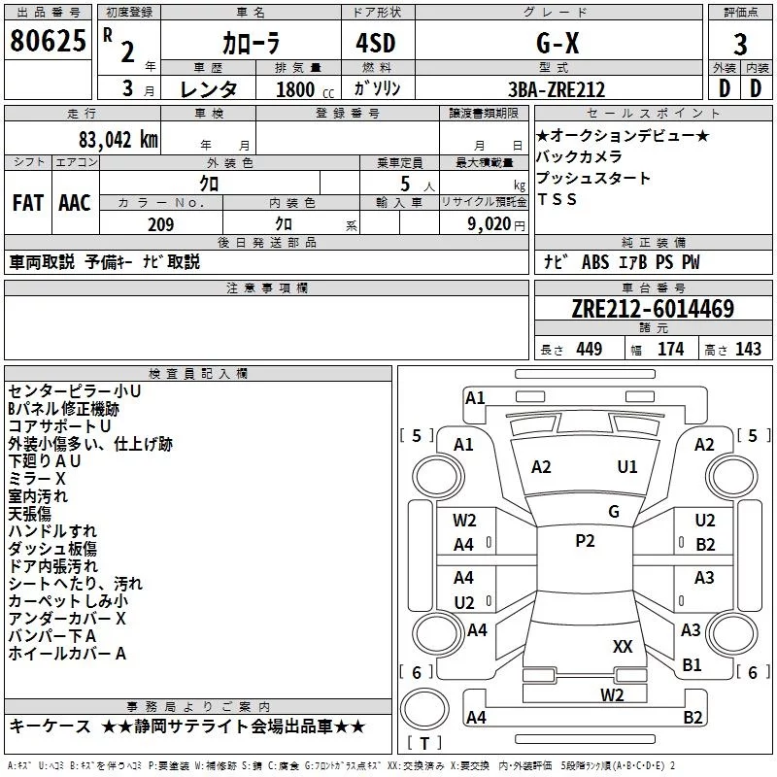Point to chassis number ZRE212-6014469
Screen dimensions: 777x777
click(653, 310)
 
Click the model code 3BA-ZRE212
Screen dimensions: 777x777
click(557, 89)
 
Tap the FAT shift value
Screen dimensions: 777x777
click(27, 203)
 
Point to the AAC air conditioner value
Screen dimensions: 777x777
click(74, 203)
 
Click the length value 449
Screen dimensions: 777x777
click(589, 349)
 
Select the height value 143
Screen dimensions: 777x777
click(748, 349)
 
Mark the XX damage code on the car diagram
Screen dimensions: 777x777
click(624, 646)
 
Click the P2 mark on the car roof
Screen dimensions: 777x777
click(585, 541)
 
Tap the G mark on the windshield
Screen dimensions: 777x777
click(614, 511)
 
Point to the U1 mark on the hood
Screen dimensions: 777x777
click(627, 466)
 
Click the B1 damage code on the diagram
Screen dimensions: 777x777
click(693, 665)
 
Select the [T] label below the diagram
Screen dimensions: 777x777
click(424, 744)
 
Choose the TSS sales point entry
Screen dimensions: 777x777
click(557, 199)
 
